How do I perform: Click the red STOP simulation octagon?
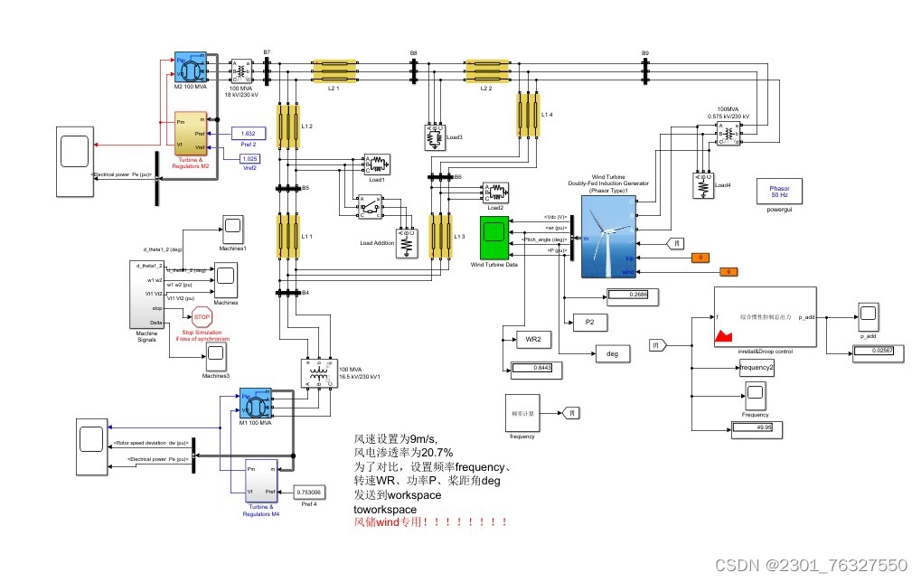point(202,317)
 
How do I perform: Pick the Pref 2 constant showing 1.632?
point(248,133)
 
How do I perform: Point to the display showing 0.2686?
point(633,295)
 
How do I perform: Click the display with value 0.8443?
point(537,367)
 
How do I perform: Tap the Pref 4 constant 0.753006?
point(309,492)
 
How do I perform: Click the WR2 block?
point(532,340)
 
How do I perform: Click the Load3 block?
point(435,137)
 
